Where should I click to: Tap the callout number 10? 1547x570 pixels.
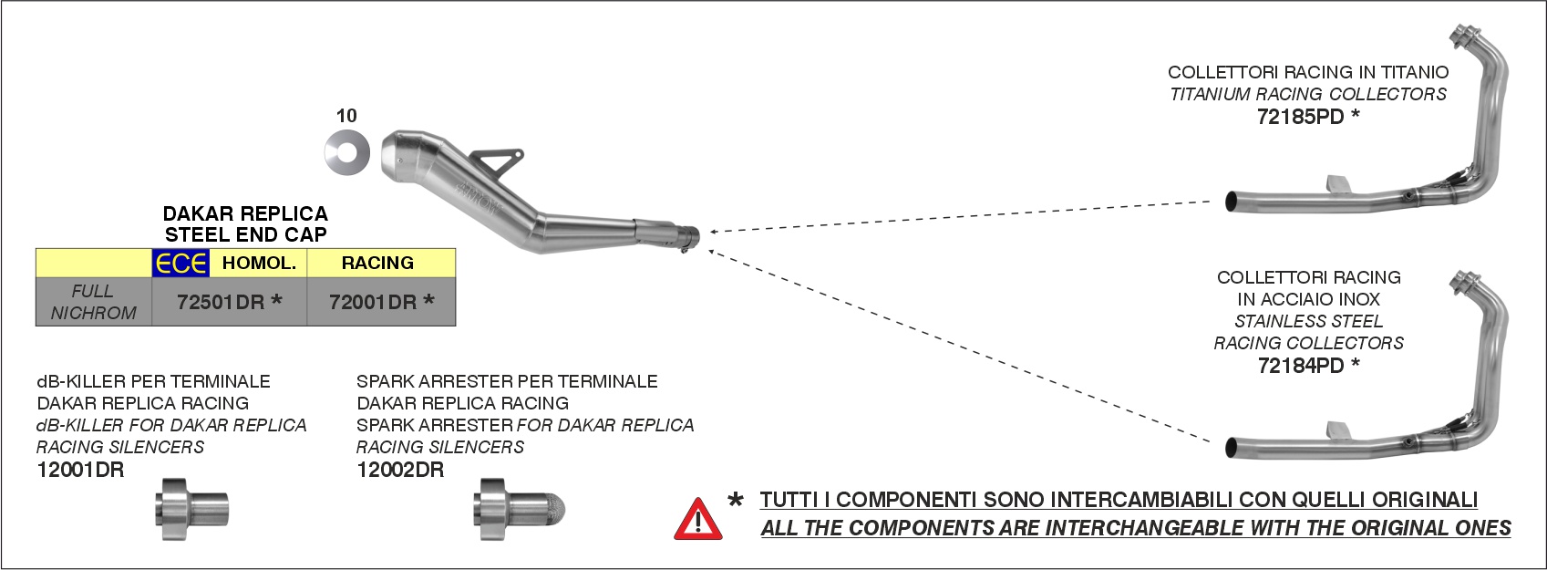click(x=346, y=116)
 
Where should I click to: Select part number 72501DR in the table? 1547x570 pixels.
click(x=221, y=302)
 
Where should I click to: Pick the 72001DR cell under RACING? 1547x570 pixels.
click(x=373, y=302)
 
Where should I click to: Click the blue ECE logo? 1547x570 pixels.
click(x=180, y=263)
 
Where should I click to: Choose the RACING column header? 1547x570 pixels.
click(x=377, y=263)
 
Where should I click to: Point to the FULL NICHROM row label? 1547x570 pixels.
click(x=94, y=302)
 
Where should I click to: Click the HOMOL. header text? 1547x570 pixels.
click(x=259, y=263)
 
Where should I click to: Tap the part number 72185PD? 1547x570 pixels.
click(x=1301, y=117)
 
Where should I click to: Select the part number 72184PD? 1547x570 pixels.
click(x=1301, y=366)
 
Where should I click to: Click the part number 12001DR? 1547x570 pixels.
click(x=80, y=470)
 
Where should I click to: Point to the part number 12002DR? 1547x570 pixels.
click(x=400, y=470)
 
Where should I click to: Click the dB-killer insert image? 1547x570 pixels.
click(x=191, y=509)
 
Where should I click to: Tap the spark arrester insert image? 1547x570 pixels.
click(x=519, y=509)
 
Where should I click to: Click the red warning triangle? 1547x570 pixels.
click(x=698, y=519)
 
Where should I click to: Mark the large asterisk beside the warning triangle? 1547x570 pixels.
click(x=736, y=500)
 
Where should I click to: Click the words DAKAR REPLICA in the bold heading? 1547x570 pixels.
click(x=245, y=213)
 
